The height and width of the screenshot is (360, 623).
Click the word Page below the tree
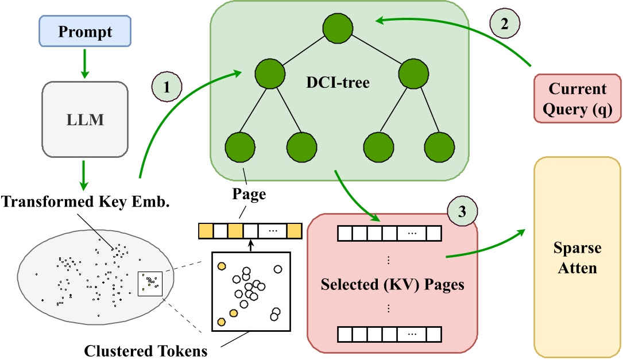point(249,193)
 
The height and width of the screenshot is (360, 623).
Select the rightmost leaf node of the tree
point(439,146)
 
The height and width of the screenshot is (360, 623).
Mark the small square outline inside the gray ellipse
point(150,284)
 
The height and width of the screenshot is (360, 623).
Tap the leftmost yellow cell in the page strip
point(204,231)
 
